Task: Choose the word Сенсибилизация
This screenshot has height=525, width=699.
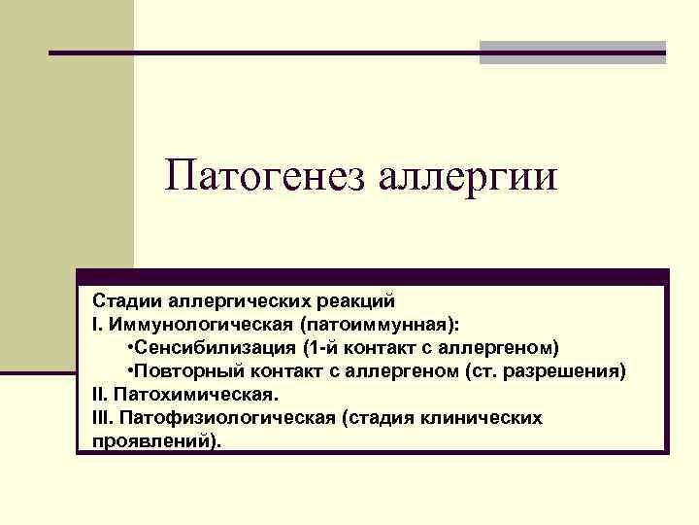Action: pos(214,348)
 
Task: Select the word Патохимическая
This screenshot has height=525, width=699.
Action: pos(196,395)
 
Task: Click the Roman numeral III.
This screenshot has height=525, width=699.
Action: pos(99,418)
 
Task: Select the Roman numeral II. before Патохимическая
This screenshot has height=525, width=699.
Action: pos(97,395)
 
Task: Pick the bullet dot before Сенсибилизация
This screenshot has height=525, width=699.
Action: pos(130,348)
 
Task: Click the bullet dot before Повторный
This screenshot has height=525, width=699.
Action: pos(130,371)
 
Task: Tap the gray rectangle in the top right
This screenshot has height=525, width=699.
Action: pos(573,52)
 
